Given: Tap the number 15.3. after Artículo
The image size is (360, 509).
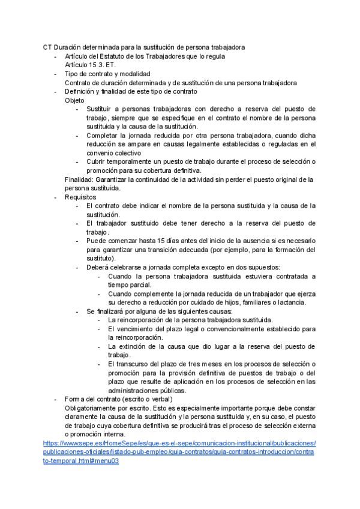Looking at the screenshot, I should [96, 65].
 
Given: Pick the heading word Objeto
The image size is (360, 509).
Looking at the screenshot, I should [75, 100].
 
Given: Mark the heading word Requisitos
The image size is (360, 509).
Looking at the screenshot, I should [80, 197].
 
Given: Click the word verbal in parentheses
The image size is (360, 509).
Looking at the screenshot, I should [160, 399].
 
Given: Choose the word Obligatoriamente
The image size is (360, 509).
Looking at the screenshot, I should [93, 408].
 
